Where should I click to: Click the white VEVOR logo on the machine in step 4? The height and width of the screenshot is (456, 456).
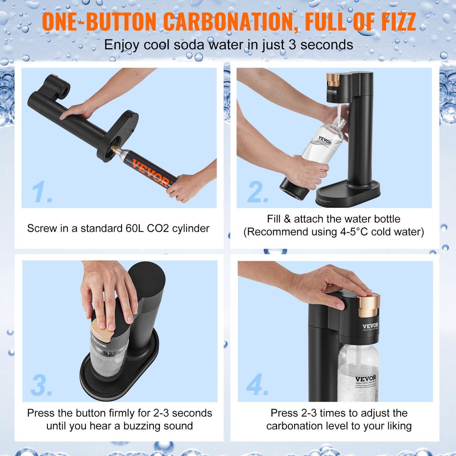(x=370, y=326)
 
